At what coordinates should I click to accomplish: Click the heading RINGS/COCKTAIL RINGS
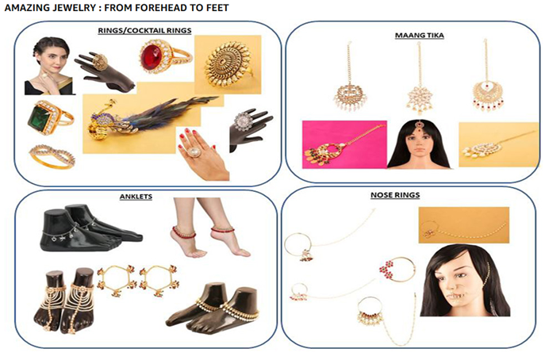point(144,31)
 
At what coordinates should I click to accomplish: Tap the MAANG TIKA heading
point(419,35)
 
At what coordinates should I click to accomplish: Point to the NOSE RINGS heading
point(395,195)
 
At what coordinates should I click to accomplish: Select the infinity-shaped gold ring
point(52,156)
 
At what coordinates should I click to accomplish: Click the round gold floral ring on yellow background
point(228,65)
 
